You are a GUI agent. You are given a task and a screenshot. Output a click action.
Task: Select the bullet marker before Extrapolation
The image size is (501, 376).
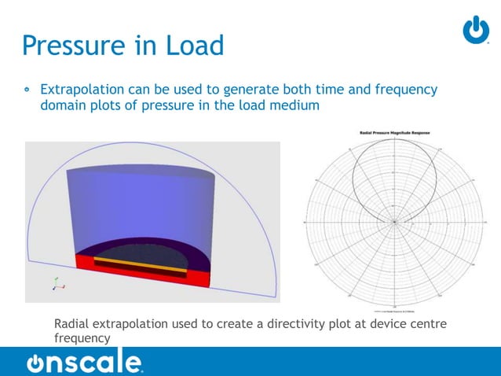27,90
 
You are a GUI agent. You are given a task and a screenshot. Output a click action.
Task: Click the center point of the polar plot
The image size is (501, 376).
393,222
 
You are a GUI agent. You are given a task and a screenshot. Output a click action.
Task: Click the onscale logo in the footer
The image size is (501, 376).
84,363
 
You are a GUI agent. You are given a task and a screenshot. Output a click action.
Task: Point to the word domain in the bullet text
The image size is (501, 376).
62,105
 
